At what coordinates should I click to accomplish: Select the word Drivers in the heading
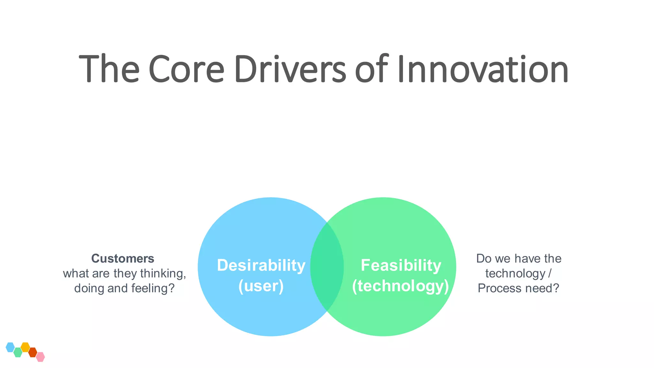click(290, 69)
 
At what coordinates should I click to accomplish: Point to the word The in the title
click(109, 69)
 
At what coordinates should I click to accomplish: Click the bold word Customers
click(123, 258)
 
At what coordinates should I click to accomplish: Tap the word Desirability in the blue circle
click(261, 265)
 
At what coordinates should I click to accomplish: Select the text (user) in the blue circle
click(261, 286)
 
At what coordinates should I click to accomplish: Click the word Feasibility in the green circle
click(401, 265)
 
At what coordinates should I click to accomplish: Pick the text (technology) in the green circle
click(400, 286)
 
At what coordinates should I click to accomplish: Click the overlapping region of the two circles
click(327, 267)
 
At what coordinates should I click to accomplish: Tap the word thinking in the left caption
click(163, 273)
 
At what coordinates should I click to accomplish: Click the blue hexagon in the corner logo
click(10, 347)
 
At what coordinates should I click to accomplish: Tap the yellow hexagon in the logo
click(25, 347)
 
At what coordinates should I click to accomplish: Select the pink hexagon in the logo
click(40, 357)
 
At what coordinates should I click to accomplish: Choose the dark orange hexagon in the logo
click(33, 352)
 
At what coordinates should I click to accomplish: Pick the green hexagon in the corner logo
click(18, 352)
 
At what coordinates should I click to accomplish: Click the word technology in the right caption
click(515, 273)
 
